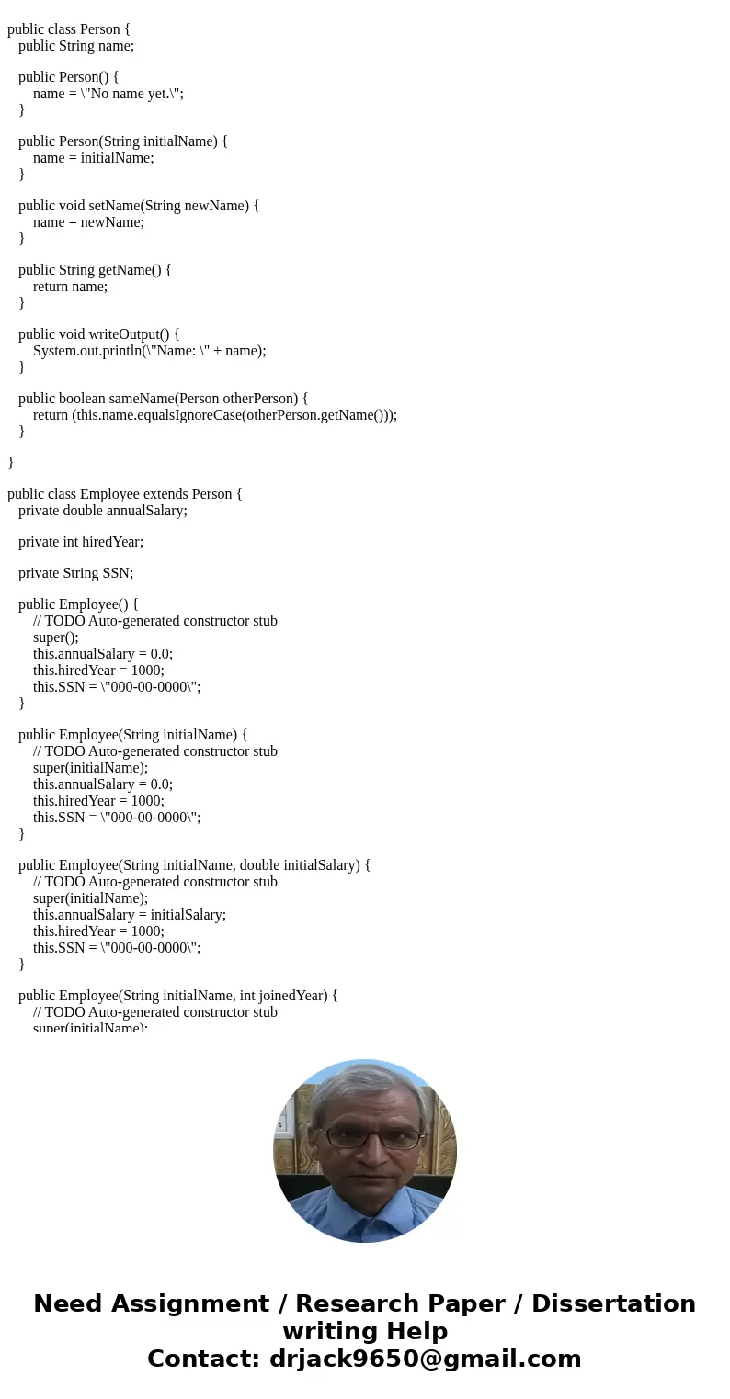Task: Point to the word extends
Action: [x=165, y=494]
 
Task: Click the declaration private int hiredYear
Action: [x=81, y=542]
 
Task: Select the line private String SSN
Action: [x=75, y=573]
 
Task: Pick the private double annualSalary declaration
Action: [x=102, y=510]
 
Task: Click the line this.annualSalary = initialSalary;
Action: [x=130, y=915]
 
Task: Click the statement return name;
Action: [x=70, y=286]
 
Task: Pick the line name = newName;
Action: [x=88, y=221]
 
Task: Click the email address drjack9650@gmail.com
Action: [x=425, y=1360]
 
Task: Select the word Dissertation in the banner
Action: [x=613, y=1304]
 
